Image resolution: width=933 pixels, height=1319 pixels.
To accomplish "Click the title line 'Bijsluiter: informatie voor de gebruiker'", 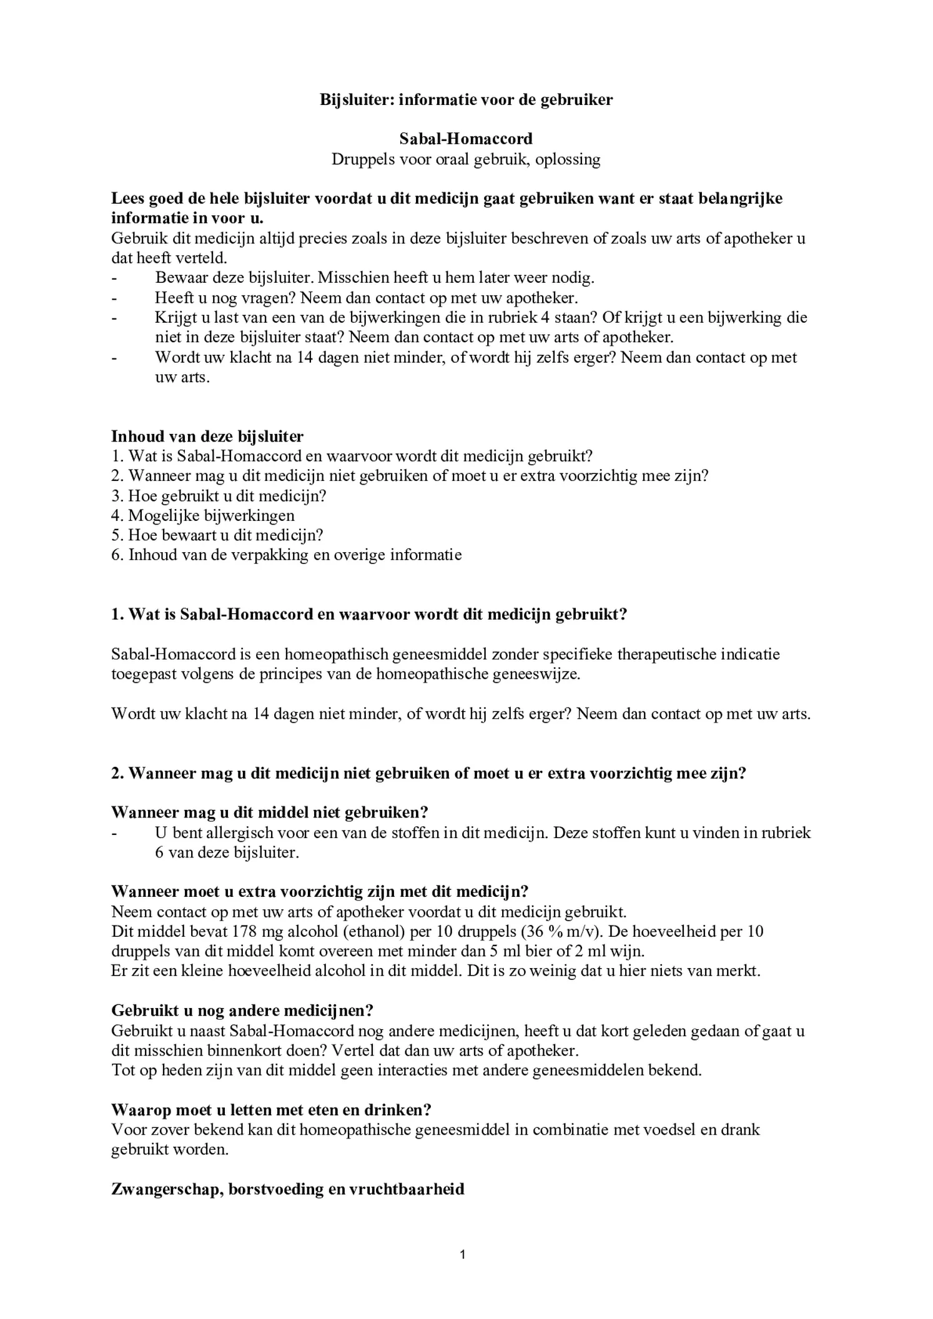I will tap(466, 99).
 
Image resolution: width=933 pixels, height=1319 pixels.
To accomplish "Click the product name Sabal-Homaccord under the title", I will tap(466, 139).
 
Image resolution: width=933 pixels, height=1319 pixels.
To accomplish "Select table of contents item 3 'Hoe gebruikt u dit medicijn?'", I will tap(219, 496).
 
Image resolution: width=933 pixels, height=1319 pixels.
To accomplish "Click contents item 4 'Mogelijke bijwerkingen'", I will tap(203, 516).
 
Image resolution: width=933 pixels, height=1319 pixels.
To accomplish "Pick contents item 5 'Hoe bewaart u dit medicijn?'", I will tap(217, 535).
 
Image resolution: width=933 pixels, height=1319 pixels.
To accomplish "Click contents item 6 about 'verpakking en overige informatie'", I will tap(286, 555).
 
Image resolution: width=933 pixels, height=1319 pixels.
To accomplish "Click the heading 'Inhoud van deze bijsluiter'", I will tap(207, 437).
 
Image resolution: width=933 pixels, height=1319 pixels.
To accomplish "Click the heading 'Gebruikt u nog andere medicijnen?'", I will tap(242, 1010).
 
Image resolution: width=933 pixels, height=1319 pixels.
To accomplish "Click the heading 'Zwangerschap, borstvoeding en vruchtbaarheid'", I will tap(287, 1189).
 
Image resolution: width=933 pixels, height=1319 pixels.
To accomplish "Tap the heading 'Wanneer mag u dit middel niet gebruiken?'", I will tap(269, 813).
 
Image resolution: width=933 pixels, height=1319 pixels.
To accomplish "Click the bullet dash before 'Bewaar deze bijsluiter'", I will tap(114, 278).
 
